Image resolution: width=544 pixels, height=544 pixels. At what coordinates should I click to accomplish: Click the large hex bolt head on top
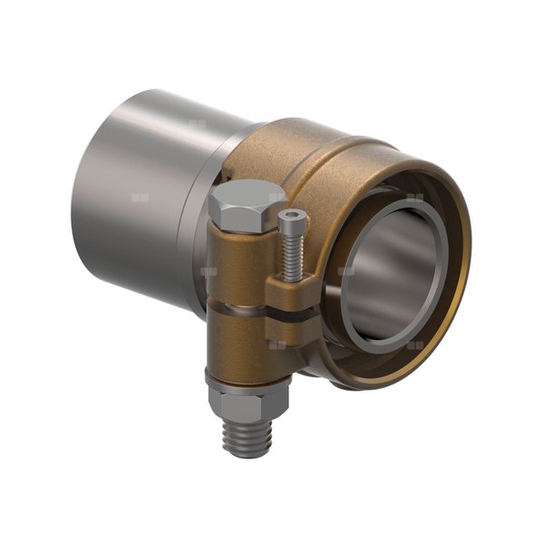246,203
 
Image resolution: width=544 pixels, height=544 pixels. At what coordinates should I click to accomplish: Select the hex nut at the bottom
248,400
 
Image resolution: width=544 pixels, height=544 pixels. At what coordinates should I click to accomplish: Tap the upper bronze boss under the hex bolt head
238,263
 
